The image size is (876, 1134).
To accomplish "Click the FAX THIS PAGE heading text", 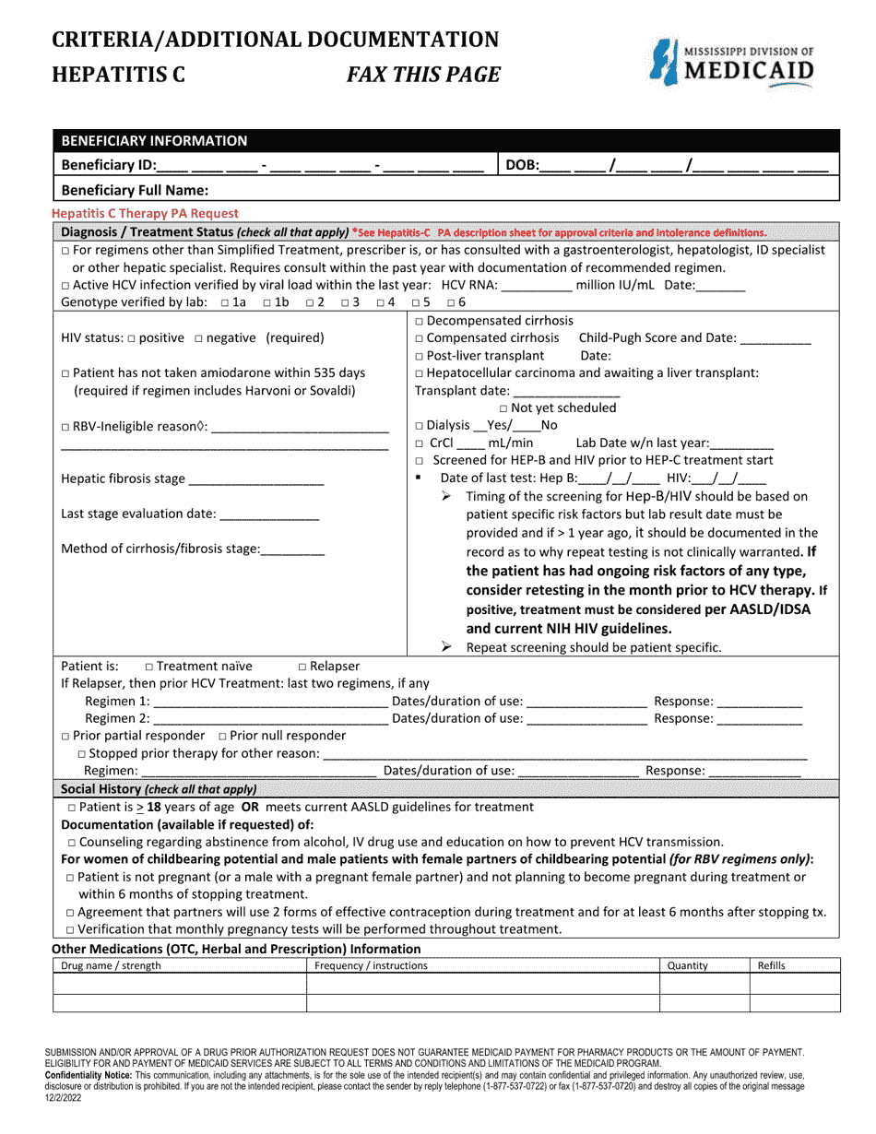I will point(423,76).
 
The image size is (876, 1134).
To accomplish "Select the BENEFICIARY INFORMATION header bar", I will point(446,140).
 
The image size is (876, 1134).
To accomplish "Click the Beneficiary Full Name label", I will point(135,190).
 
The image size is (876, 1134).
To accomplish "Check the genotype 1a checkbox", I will point(227,302).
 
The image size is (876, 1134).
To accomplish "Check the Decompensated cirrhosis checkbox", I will point(420,321).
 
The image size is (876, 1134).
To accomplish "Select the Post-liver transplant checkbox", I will point(420,356).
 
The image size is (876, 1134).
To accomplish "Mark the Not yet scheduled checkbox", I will point(503,408).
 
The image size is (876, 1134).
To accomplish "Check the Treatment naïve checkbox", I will point(149,667).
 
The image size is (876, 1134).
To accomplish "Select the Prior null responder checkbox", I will point(222,736).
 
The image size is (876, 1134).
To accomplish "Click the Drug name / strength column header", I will point(111,965).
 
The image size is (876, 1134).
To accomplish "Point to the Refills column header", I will point(772,965).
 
